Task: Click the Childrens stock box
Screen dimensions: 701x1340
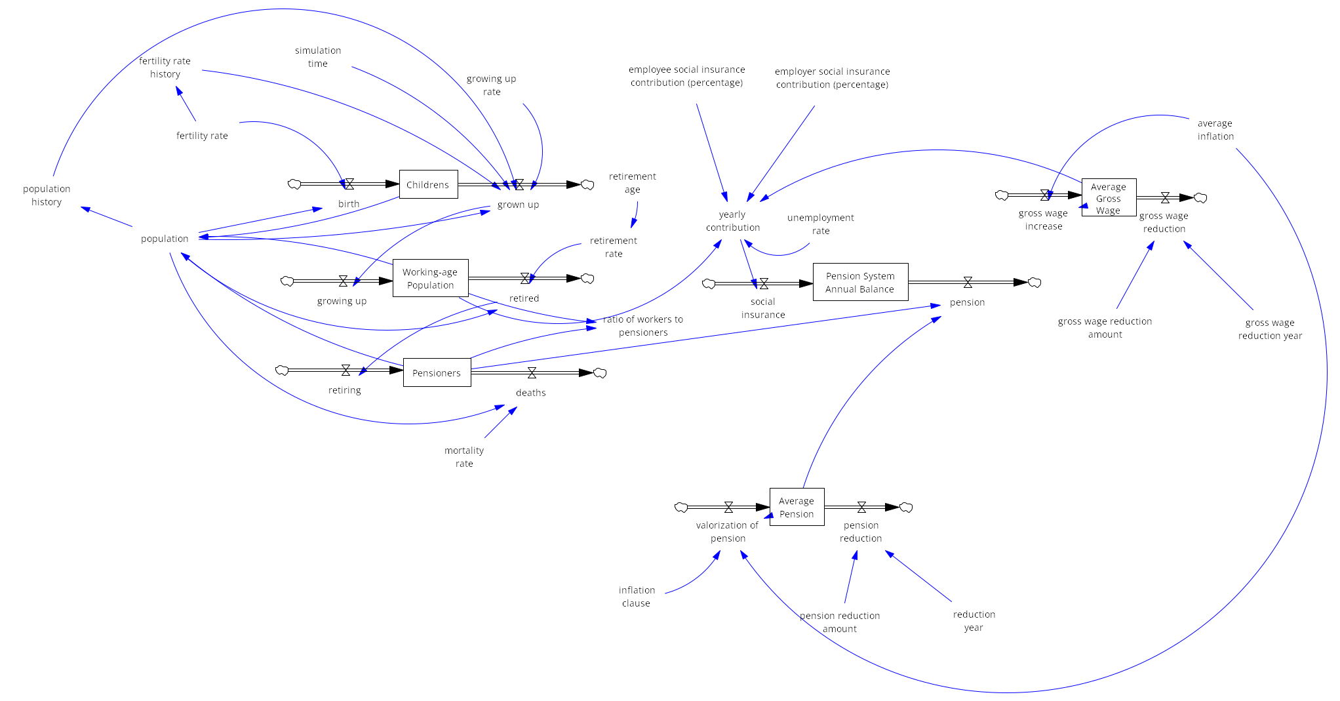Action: tap(428, 185)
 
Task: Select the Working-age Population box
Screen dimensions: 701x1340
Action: tap(430, 278)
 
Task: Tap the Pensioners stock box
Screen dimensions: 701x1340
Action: tap(437, 372)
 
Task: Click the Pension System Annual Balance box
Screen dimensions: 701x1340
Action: tap(860, 282)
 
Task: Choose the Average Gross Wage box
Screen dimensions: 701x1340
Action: tap(1109, 198)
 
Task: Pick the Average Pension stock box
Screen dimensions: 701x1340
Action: tap(797, 507)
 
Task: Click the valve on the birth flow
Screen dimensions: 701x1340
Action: tap(349, 184)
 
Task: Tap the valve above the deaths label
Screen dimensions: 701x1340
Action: tap(532, 372)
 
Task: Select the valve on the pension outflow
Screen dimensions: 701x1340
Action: tap(968, 283)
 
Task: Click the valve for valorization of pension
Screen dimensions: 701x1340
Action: tap(728, 507)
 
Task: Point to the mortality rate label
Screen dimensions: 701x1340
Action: tap(464, 456)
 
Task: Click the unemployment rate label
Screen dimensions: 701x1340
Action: tap(821, 224)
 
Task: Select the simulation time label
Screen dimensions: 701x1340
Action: tap(318, 57)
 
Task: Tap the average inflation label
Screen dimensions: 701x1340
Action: tap(1215, 130)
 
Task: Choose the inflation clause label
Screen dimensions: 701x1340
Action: tap(637, 596)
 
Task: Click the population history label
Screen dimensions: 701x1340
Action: tap(47, 195)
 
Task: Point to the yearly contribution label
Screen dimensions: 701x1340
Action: tap(733, 221)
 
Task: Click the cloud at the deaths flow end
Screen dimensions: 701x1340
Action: tap(600, 373)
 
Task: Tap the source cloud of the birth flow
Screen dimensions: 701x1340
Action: tap(294, 184)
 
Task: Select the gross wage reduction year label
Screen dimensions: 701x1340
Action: tap(1270, 329)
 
